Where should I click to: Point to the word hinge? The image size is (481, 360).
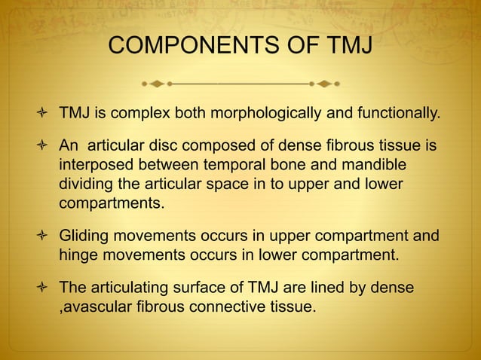click(77, 255)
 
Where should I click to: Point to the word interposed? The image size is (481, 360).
click(94, 164)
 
